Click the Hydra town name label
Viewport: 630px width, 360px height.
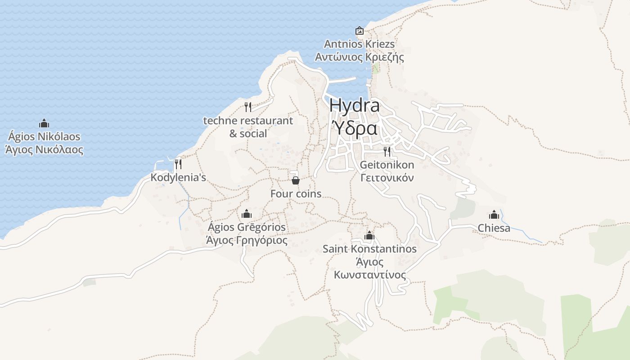tap(354, 106)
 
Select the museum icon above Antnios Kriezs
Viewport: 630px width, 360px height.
tap(360, 31)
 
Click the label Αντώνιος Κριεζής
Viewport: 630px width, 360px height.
tap(359, 57)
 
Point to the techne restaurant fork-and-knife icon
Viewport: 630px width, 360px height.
tap(247, 107)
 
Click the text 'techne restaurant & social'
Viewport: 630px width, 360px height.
tap(248, 127)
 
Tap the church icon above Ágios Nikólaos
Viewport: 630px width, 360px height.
tap(44, 123)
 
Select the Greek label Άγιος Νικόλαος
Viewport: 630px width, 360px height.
tap(44, 149)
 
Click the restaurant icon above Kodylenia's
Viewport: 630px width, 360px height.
tap(178, 164)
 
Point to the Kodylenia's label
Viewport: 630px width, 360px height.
tap(178, 177)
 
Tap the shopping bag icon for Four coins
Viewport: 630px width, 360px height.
tap(296, 180)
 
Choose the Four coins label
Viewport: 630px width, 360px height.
tap(296, 193)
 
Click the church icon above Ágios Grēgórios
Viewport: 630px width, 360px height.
tap(246, 214)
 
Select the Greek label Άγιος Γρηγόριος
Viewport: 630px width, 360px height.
tap(246, 240)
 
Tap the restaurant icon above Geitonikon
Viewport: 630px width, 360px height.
tap(387, 151)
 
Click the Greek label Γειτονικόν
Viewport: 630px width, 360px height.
tap(387, 178)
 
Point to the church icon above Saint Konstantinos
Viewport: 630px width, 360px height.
tap(369, 235)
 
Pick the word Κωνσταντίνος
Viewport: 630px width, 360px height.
tap(369, 275)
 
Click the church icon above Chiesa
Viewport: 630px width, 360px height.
tap(494, 215)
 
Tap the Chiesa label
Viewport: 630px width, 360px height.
tap(494, 228)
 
